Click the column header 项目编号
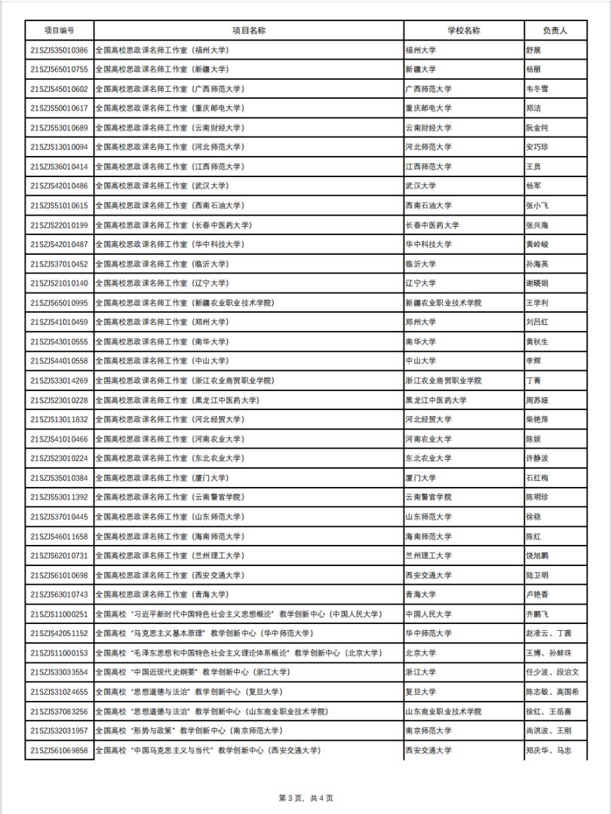[x=59, y=31]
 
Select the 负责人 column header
[x=554, y=31]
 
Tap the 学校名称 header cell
[x=463, y=31]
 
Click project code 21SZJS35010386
[x=59, y=50]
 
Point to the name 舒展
[x=533, y=50]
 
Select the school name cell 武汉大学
[x=421, y=186]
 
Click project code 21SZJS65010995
[x=59, y=303]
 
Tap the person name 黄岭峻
[x=537, y=244]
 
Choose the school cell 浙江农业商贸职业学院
[x=444, y=381]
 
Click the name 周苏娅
[x=537, y=400]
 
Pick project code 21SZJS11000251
[x=59, y=614]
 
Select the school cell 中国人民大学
[x=428, y=614]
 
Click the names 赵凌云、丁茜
[x=548, y=634]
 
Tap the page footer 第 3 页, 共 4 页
[x=305, y=798]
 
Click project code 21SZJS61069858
[x=59, y=751]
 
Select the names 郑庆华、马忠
[x=548, y=751]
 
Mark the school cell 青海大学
[x=421, y=595]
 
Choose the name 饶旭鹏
[x=537, y=555]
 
